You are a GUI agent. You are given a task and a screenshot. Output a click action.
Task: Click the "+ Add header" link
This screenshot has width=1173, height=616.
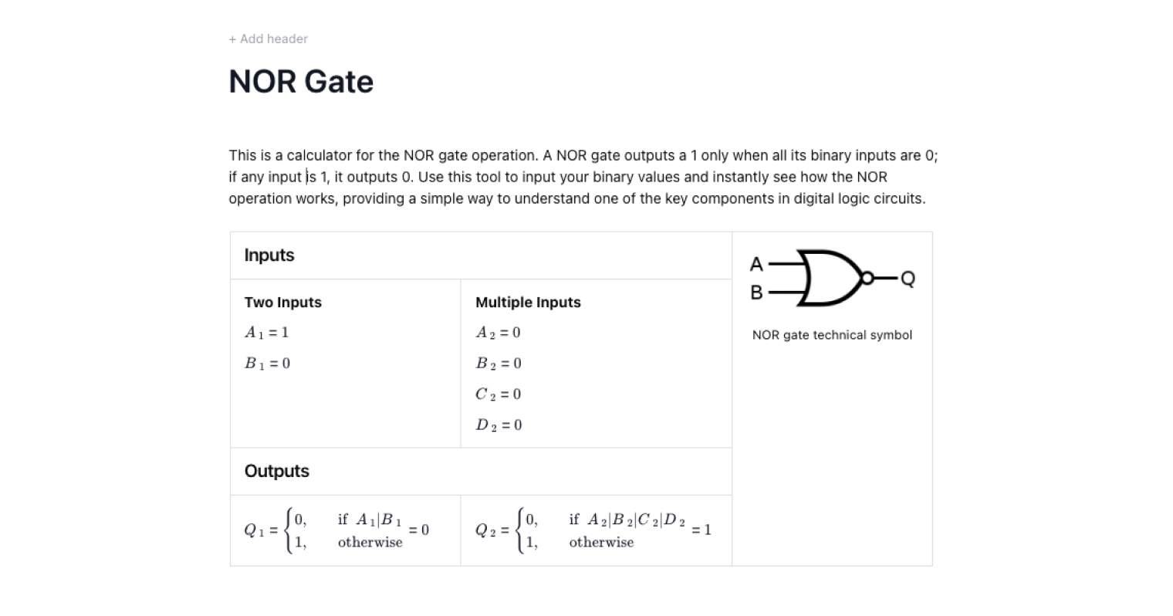pos(268,39)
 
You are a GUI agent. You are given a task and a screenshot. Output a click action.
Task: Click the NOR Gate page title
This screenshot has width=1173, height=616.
pos(301,82)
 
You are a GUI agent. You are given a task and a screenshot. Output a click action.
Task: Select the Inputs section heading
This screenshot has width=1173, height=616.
pos(269,256)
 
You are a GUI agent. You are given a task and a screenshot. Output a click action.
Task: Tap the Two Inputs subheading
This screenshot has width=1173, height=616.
pos(282,303)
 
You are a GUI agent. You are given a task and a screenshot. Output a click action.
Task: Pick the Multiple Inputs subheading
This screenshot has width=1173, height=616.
pos(528,303)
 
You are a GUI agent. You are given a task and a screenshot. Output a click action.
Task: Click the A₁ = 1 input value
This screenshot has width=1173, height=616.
pos(266,333)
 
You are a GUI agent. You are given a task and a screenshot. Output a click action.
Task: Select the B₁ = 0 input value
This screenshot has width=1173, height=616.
pos(267,364)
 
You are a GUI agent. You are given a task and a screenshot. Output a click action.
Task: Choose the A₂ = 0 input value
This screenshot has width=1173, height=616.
pos(498,333)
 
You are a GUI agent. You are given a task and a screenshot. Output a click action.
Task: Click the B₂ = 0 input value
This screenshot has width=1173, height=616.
pos(499,364)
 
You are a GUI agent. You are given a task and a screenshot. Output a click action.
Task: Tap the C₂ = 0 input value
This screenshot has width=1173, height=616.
pos(498,394)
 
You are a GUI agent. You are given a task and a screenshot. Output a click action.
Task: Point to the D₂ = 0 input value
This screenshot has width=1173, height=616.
pos(499,425)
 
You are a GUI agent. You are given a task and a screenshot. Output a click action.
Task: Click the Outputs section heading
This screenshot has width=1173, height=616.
pos(276,472)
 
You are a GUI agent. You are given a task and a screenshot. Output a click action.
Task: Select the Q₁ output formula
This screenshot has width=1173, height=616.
pos(336,530)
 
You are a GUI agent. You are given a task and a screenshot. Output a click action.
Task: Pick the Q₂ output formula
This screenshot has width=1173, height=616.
pos(593,530)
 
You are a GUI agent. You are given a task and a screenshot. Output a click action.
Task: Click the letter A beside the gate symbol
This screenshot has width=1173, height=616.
pos(756,265)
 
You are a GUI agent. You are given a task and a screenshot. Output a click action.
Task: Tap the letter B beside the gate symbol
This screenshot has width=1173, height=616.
pos(756,293)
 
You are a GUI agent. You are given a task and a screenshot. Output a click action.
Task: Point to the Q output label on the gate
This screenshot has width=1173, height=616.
pos(908,279)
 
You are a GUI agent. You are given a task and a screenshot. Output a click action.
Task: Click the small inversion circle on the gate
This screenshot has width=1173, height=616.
pos(867,278)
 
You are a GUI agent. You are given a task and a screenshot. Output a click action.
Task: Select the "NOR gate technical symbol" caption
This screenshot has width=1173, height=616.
pos(832,335)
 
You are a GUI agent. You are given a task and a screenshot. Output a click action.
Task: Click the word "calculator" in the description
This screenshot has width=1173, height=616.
pos(319,155)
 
